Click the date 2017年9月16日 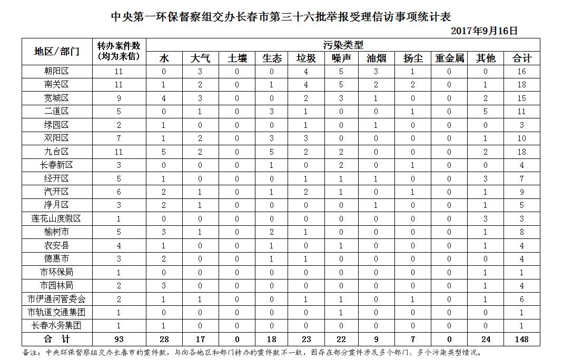(485, 31)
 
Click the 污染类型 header (343, 45)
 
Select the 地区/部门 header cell (56, 51)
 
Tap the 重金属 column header (449, 58)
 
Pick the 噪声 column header (341, 58)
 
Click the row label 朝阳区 (56, 71)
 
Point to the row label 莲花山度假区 (56, 218)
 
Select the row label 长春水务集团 (56, 326)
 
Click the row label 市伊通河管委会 (56, 299)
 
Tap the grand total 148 (521, 339)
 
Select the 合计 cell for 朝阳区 (521, 71)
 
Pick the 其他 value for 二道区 (485, 111)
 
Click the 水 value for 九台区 (164, 152)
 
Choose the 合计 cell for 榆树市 (521, 232)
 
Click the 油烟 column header (376, 58)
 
